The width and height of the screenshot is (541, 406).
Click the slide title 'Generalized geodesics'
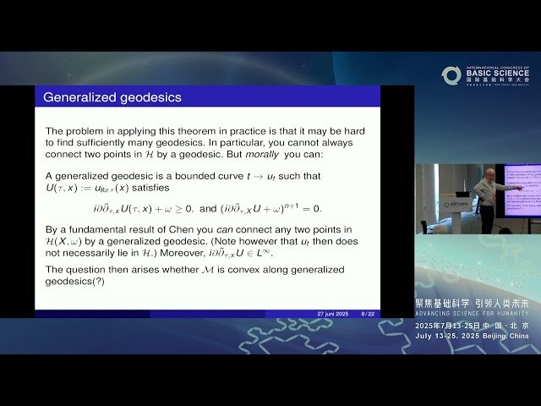(112, 97)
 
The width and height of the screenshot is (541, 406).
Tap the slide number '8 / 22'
(369, 314)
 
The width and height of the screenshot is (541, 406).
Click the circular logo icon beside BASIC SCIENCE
(451, 75)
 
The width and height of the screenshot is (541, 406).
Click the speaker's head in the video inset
(484, 173)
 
